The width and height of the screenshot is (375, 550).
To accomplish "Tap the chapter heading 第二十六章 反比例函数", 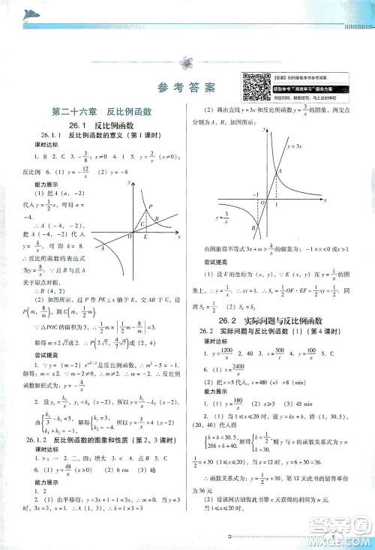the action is pos(101,111).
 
